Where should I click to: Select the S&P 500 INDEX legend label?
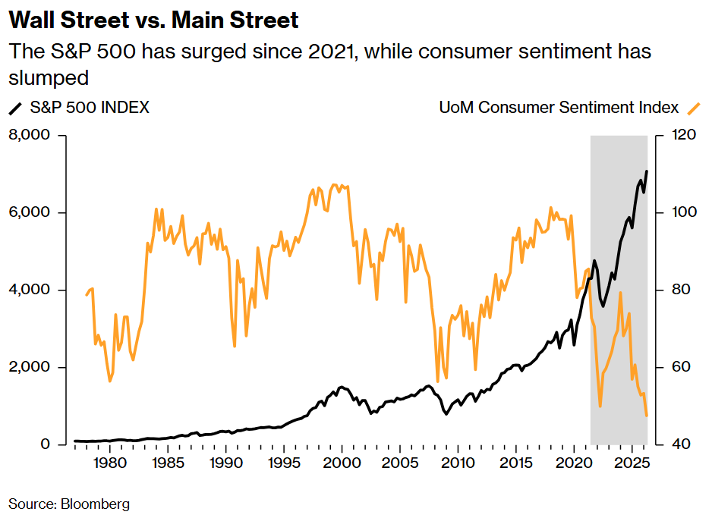pos(90,108)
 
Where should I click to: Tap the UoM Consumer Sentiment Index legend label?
pos(559,108)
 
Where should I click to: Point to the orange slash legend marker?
pos(692,108)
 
